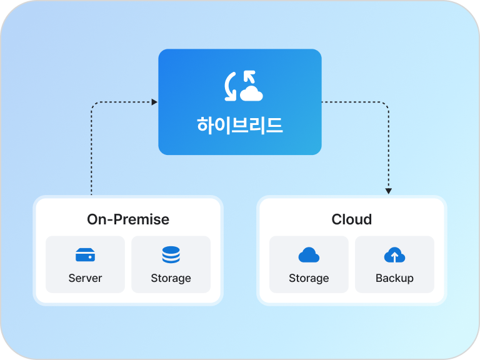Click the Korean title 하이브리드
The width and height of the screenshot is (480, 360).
(x=240, y=125)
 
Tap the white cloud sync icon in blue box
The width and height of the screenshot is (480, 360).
(x=243, y=86)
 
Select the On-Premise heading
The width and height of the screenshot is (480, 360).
(x=128, y=219)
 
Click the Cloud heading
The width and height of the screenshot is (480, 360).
(x=351, y=219)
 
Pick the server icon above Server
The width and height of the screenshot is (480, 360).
(x=85, y=255)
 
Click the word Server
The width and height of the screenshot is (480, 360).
(x=85, y=278)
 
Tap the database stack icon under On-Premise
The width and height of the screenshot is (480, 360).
(x=171, y=255)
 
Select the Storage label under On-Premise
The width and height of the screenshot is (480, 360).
(x=171, y=278)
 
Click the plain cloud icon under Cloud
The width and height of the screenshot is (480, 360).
(x=309, y=255)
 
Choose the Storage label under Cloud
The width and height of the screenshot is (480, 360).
(x=309, y=278)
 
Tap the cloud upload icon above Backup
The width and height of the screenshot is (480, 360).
(x=394, y=255)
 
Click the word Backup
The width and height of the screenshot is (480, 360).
(x=394, y=278)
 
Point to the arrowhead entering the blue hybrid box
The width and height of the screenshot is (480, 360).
(x=154, y=102)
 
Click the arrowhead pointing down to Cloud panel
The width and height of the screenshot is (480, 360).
(x=389, y=190)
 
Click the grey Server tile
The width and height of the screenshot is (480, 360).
(x=85, y=264)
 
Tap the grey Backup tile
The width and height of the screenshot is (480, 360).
(x=394, y=264)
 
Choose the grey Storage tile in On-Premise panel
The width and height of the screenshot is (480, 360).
(x=171, y=264)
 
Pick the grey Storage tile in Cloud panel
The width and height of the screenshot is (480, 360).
(x=309, y=264)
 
